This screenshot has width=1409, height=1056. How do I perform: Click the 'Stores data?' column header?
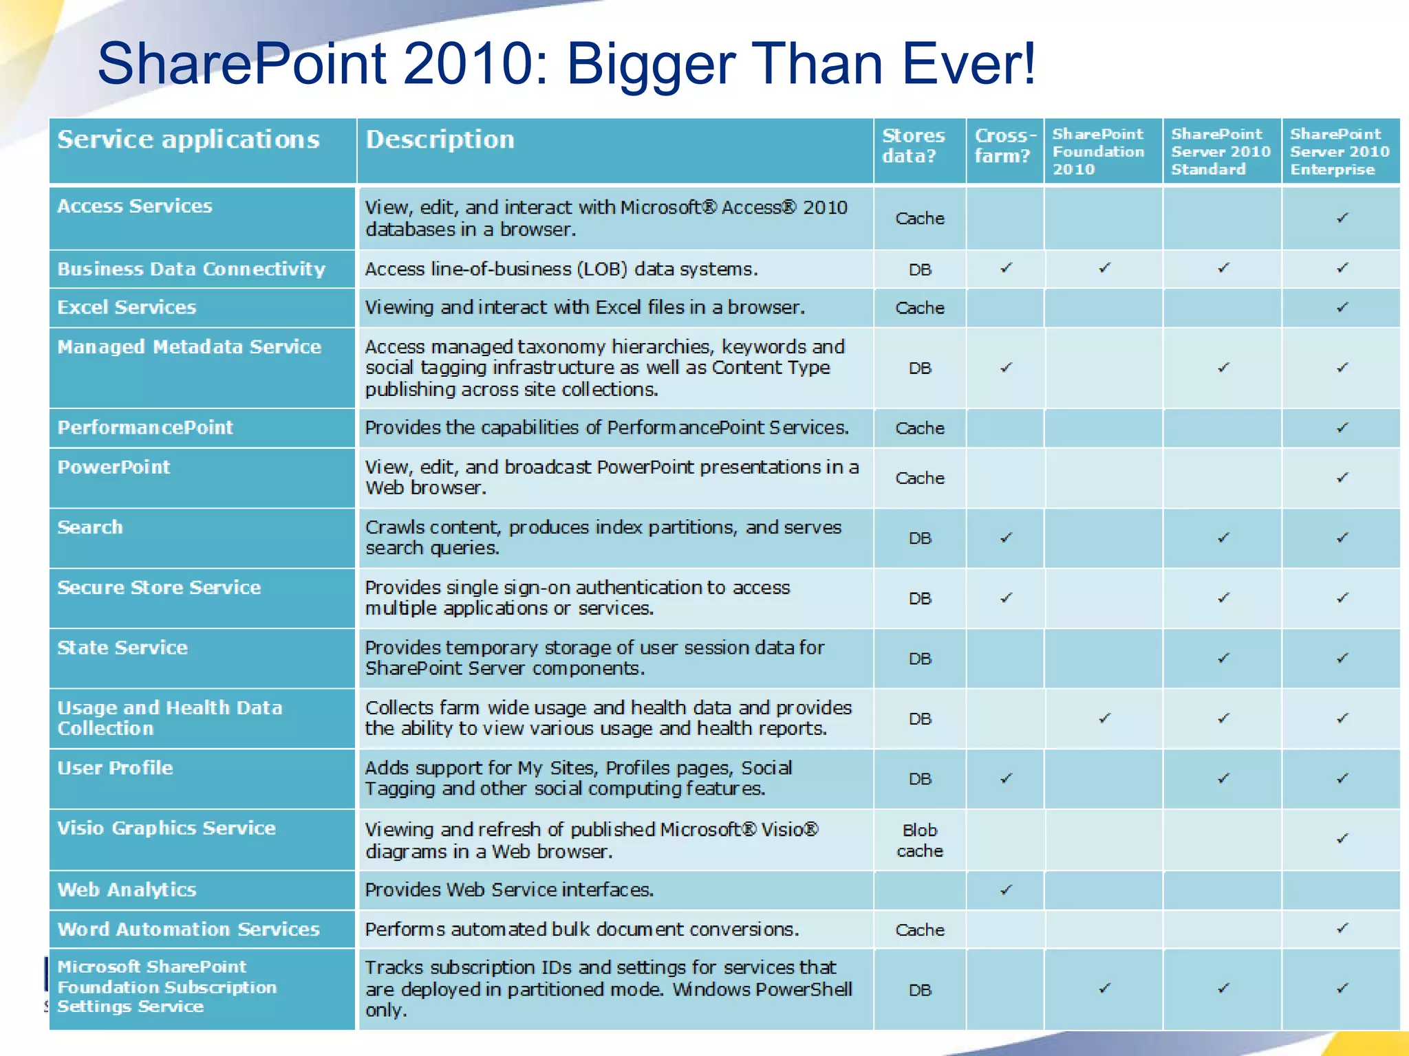913,146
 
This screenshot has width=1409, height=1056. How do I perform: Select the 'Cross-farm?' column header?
1004,146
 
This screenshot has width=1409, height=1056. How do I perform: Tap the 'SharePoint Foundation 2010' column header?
1098,151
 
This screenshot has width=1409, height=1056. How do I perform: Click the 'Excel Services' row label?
127,307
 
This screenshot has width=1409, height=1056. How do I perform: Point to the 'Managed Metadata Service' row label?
189,347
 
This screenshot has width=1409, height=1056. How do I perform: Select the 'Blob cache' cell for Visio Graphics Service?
920,840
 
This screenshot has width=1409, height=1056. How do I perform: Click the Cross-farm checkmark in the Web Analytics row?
1006,890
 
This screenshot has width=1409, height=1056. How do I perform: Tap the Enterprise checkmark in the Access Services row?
1342,218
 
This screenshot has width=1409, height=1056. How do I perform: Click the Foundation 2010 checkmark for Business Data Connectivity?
1105,268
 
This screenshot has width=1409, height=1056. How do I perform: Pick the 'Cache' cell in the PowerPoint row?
920,478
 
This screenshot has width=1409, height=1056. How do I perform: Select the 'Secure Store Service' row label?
159,588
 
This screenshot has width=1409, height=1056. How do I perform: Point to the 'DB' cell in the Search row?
920,538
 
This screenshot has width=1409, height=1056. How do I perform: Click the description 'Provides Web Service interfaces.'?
509,890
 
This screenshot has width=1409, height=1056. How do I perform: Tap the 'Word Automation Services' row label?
189,929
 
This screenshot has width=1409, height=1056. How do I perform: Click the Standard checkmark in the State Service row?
1223,658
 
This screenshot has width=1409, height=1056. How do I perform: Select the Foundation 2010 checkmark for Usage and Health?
1105,718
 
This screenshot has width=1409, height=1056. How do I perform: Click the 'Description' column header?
440,140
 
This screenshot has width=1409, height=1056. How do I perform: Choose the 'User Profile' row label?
115,768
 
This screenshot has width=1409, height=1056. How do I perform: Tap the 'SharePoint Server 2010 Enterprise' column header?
1339,151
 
